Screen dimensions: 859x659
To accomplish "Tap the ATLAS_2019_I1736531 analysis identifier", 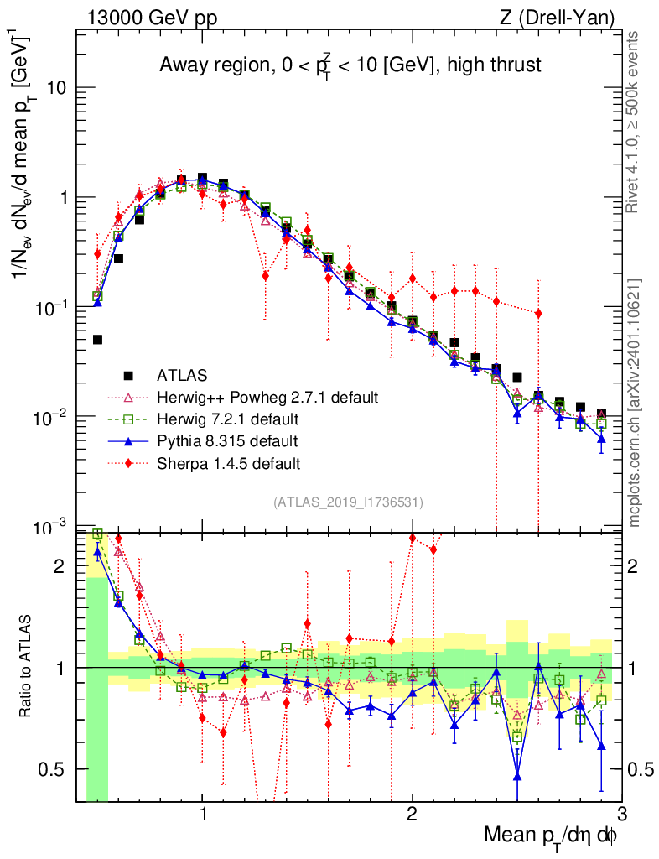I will tap(348, 502).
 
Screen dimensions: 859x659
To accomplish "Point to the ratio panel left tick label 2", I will tap(60, 566).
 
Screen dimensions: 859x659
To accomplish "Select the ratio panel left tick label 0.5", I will tap(54, 769).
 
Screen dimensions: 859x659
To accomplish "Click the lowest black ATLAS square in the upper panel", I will tap(97, 340).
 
